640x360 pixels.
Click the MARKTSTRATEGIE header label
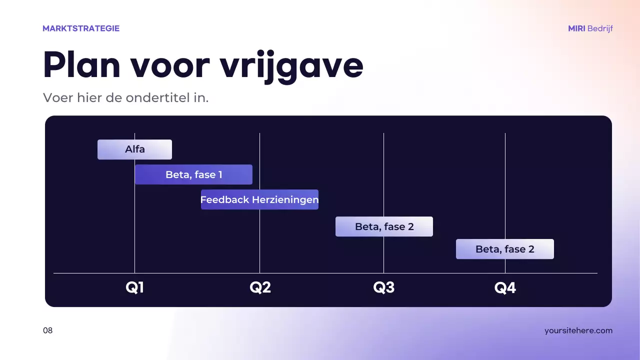click(81, 28)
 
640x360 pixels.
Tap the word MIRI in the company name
click(576, 28)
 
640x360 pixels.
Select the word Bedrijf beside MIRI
click(600, 28)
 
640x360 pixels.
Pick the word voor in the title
click(168, 65)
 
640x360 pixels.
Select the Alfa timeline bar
click(134, 149)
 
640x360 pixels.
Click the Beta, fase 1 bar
click(193, 174)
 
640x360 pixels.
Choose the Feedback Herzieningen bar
click(259, 199)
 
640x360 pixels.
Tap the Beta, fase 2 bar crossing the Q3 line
click(384, 226)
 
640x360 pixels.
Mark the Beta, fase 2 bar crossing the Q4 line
click(504, 249)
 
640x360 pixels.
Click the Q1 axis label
click(134, 288)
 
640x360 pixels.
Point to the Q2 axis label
click(260, 288)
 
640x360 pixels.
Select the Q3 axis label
click(383, 288)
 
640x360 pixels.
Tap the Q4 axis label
click(505, 288)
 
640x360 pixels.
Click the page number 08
click(47, 330)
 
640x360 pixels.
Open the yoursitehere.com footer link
click(578, 330)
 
